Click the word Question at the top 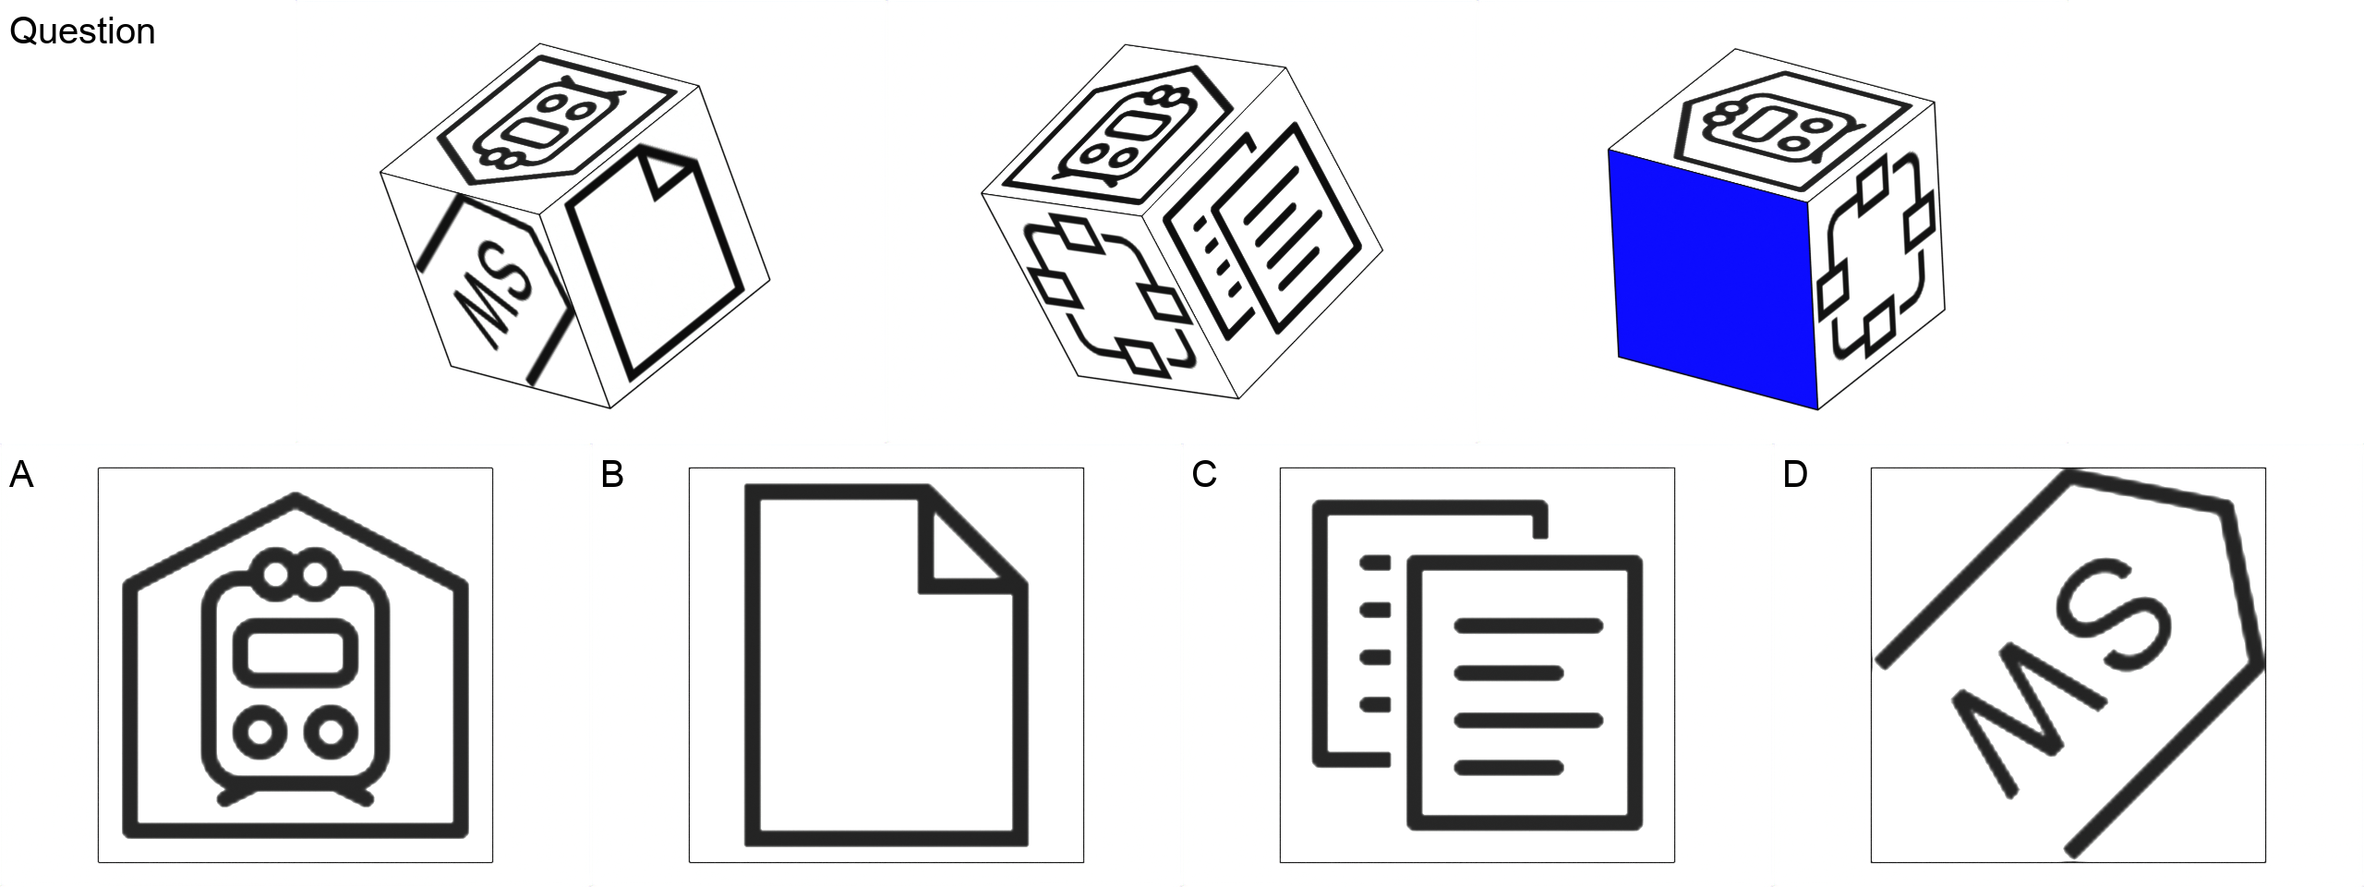point(82,32)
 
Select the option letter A point(21,475)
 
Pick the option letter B point(612,475)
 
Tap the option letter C point(1204,475)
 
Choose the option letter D point(1795,475)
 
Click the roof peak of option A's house point(295,500)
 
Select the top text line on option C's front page point(1528,626)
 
